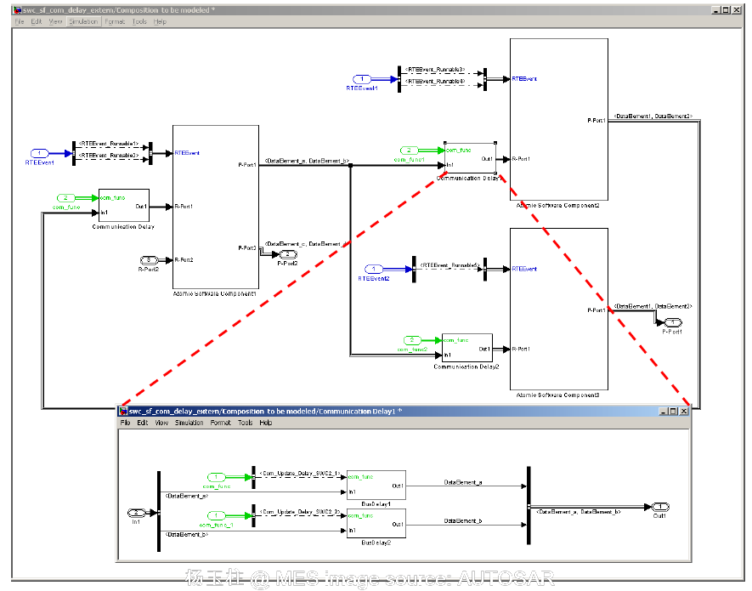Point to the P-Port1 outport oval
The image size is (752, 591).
[672, 322]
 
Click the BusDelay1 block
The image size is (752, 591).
[376, 485]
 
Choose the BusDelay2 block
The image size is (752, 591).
[376, 522]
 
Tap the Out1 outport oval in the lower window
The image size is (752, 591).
[659, 507]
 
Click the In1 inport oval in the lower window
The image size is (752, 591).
[136, 513]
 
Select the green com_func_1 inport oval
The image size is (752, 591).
[218, 515]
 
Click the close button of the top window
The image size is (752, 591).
[736, 10]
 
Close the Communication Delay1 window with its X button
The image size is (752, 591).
[683, 411]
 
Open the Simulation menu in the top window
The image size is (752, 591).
[82, 21]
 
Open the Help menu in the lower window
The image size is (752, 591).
[266, 423]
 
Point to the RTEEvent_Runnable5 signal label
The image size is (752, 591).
[450, 265]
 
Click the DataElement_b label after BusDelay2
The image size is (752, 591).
[463, 520]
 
